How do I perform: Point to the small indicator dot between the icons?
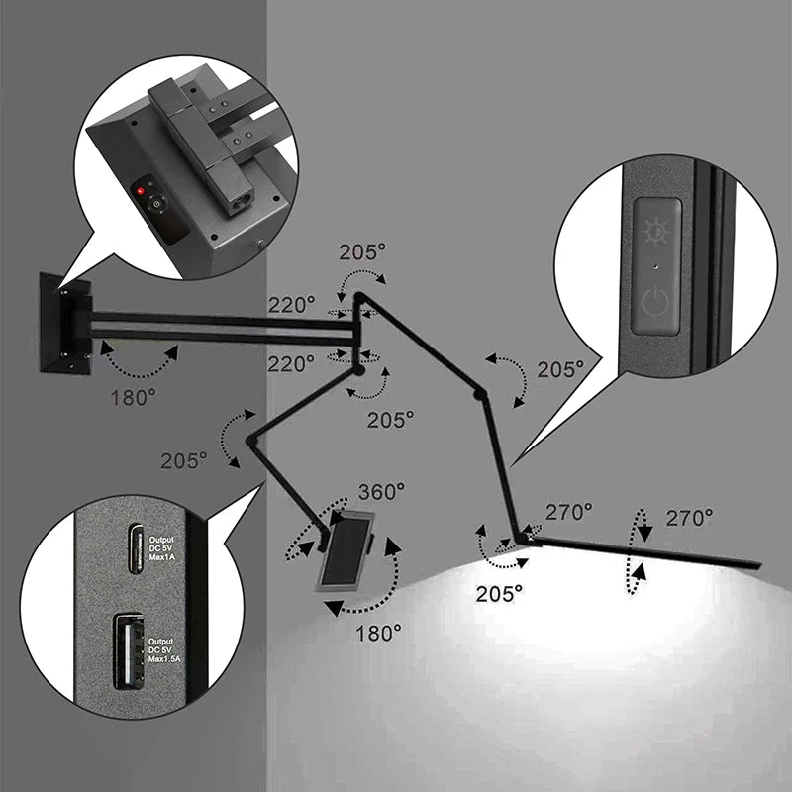tap(656, 266)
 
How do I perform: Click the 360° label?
tap(381, 491)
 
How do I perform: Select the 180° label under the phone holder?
tap(378, 631)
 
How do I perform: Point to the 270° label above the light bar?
tap(689, 517)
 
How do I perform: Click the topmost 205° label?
tap(363, 251)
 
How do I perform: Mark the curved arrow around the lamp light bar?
tap(639, 552)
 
